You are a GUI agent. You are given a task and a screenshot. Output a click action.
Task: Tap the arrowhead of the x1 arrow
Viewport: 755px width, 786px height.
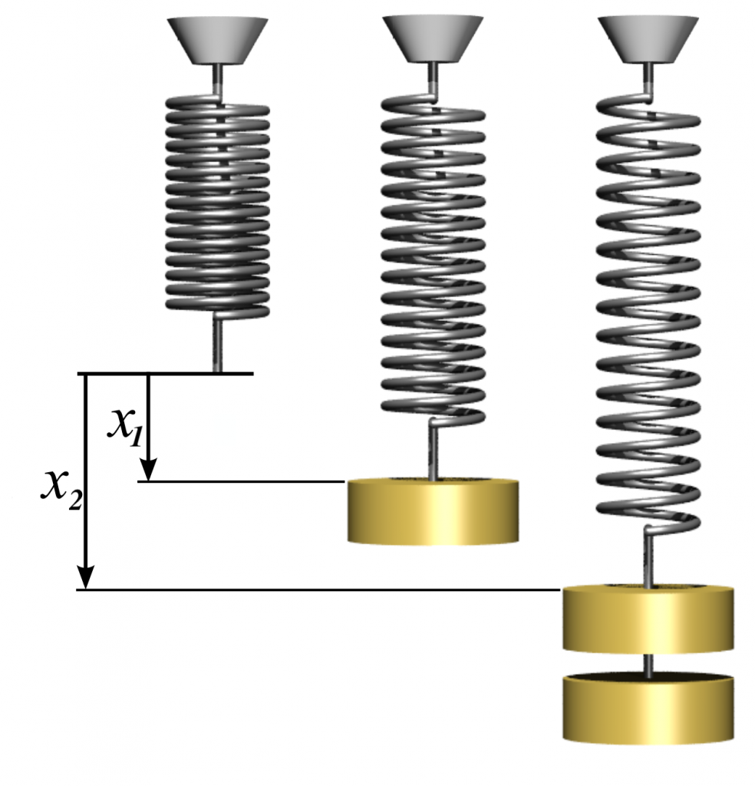[x=147, y=467]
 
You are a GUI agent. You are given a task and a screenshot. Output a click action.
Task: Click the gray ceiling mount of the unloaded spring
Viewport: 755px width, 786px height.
[x=218, y=38]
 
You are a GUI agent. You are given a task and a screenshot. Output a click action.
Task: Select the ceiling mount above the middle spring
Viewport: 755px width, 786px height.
[x=434, y=38]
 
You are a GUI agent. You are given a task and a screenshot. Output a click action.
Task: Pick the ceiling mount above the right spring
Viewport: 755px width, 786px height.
[x=648, y=38]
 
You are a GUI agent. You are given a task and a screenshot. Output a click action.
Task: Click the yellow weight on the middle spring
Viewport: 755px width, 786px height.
[x=433, y=511]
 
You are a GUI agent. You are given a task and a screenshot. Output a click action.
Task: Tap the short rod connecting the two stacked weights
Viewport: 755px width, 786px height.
[x=649, y=664]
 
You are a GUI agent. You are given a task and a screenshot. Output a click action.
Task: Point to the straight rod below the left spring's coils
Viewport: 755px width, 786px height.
[x=218, y=345]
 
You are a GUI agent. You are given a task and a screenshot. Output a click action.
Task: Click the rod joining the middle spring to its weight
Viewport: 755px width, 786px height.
[x=434, y=453]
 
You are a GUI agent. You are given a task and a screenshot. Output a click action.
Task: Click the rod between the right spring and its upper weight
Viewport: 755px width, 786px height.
[x=649, y=560]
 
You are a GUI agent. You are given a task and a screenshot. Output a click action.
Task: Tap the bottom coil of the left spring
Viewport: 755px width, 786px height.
[x=218, y=309]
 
